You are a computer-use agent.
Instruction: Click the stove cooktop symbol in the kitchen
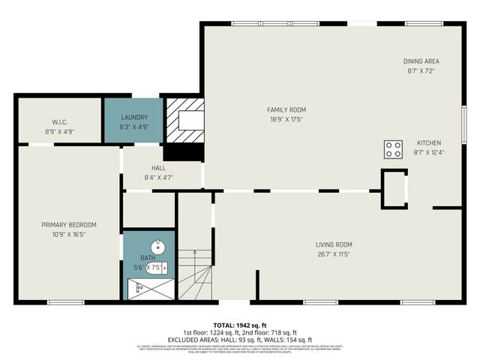392,149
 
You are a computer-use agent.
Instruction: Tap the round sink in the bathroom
157,247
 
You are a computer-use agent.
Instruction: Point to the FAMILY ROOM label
286,109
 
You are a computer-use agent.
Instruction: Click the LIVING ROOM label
334,244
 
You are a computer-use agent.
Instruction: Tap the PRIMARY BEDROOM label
69,224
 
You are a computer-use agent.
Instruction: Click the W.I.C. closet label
60,122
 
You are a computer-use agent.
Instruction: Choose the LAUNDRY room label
134,118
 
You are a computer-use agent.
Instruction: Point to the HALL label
158,168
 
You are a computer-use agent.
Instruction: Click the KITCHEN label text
429,143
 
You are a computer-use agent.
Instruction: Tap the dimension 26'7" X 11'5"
334,254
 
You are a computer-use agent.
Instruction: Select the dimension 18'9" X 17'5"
286,119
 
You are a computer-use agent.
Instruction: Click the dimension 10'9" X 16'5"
69,234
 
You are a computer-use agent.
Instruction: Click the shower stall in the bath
142,289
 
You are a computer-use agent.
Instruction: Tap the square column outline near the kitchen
394,187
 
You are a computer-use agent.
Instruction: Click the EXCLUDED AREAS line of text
239,340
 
